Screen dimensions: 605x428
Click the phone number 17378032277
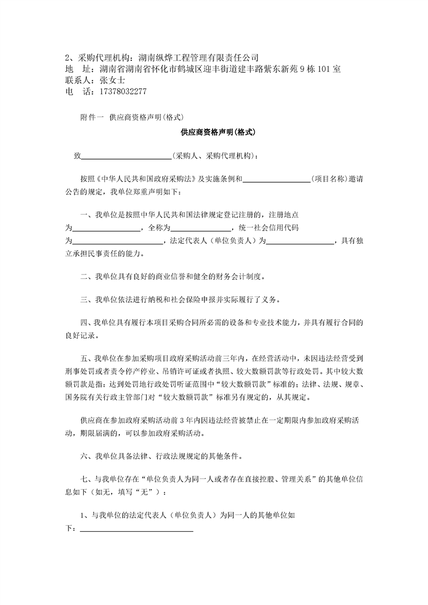[123, 92]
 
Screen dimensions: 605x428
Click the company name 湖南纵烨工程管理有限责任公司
[199, 58]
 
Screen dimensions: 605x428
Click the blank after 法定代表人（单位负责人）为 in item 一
[301, 241]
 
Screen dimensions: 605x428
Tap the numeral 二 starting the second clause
[84, 277]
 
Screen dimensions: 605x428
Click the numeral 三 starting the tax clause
[84, 300]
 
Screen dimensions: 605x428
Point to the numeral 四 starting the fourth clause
[84, 323]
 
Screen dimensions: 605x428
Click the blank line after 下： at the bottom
[137, 530]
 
